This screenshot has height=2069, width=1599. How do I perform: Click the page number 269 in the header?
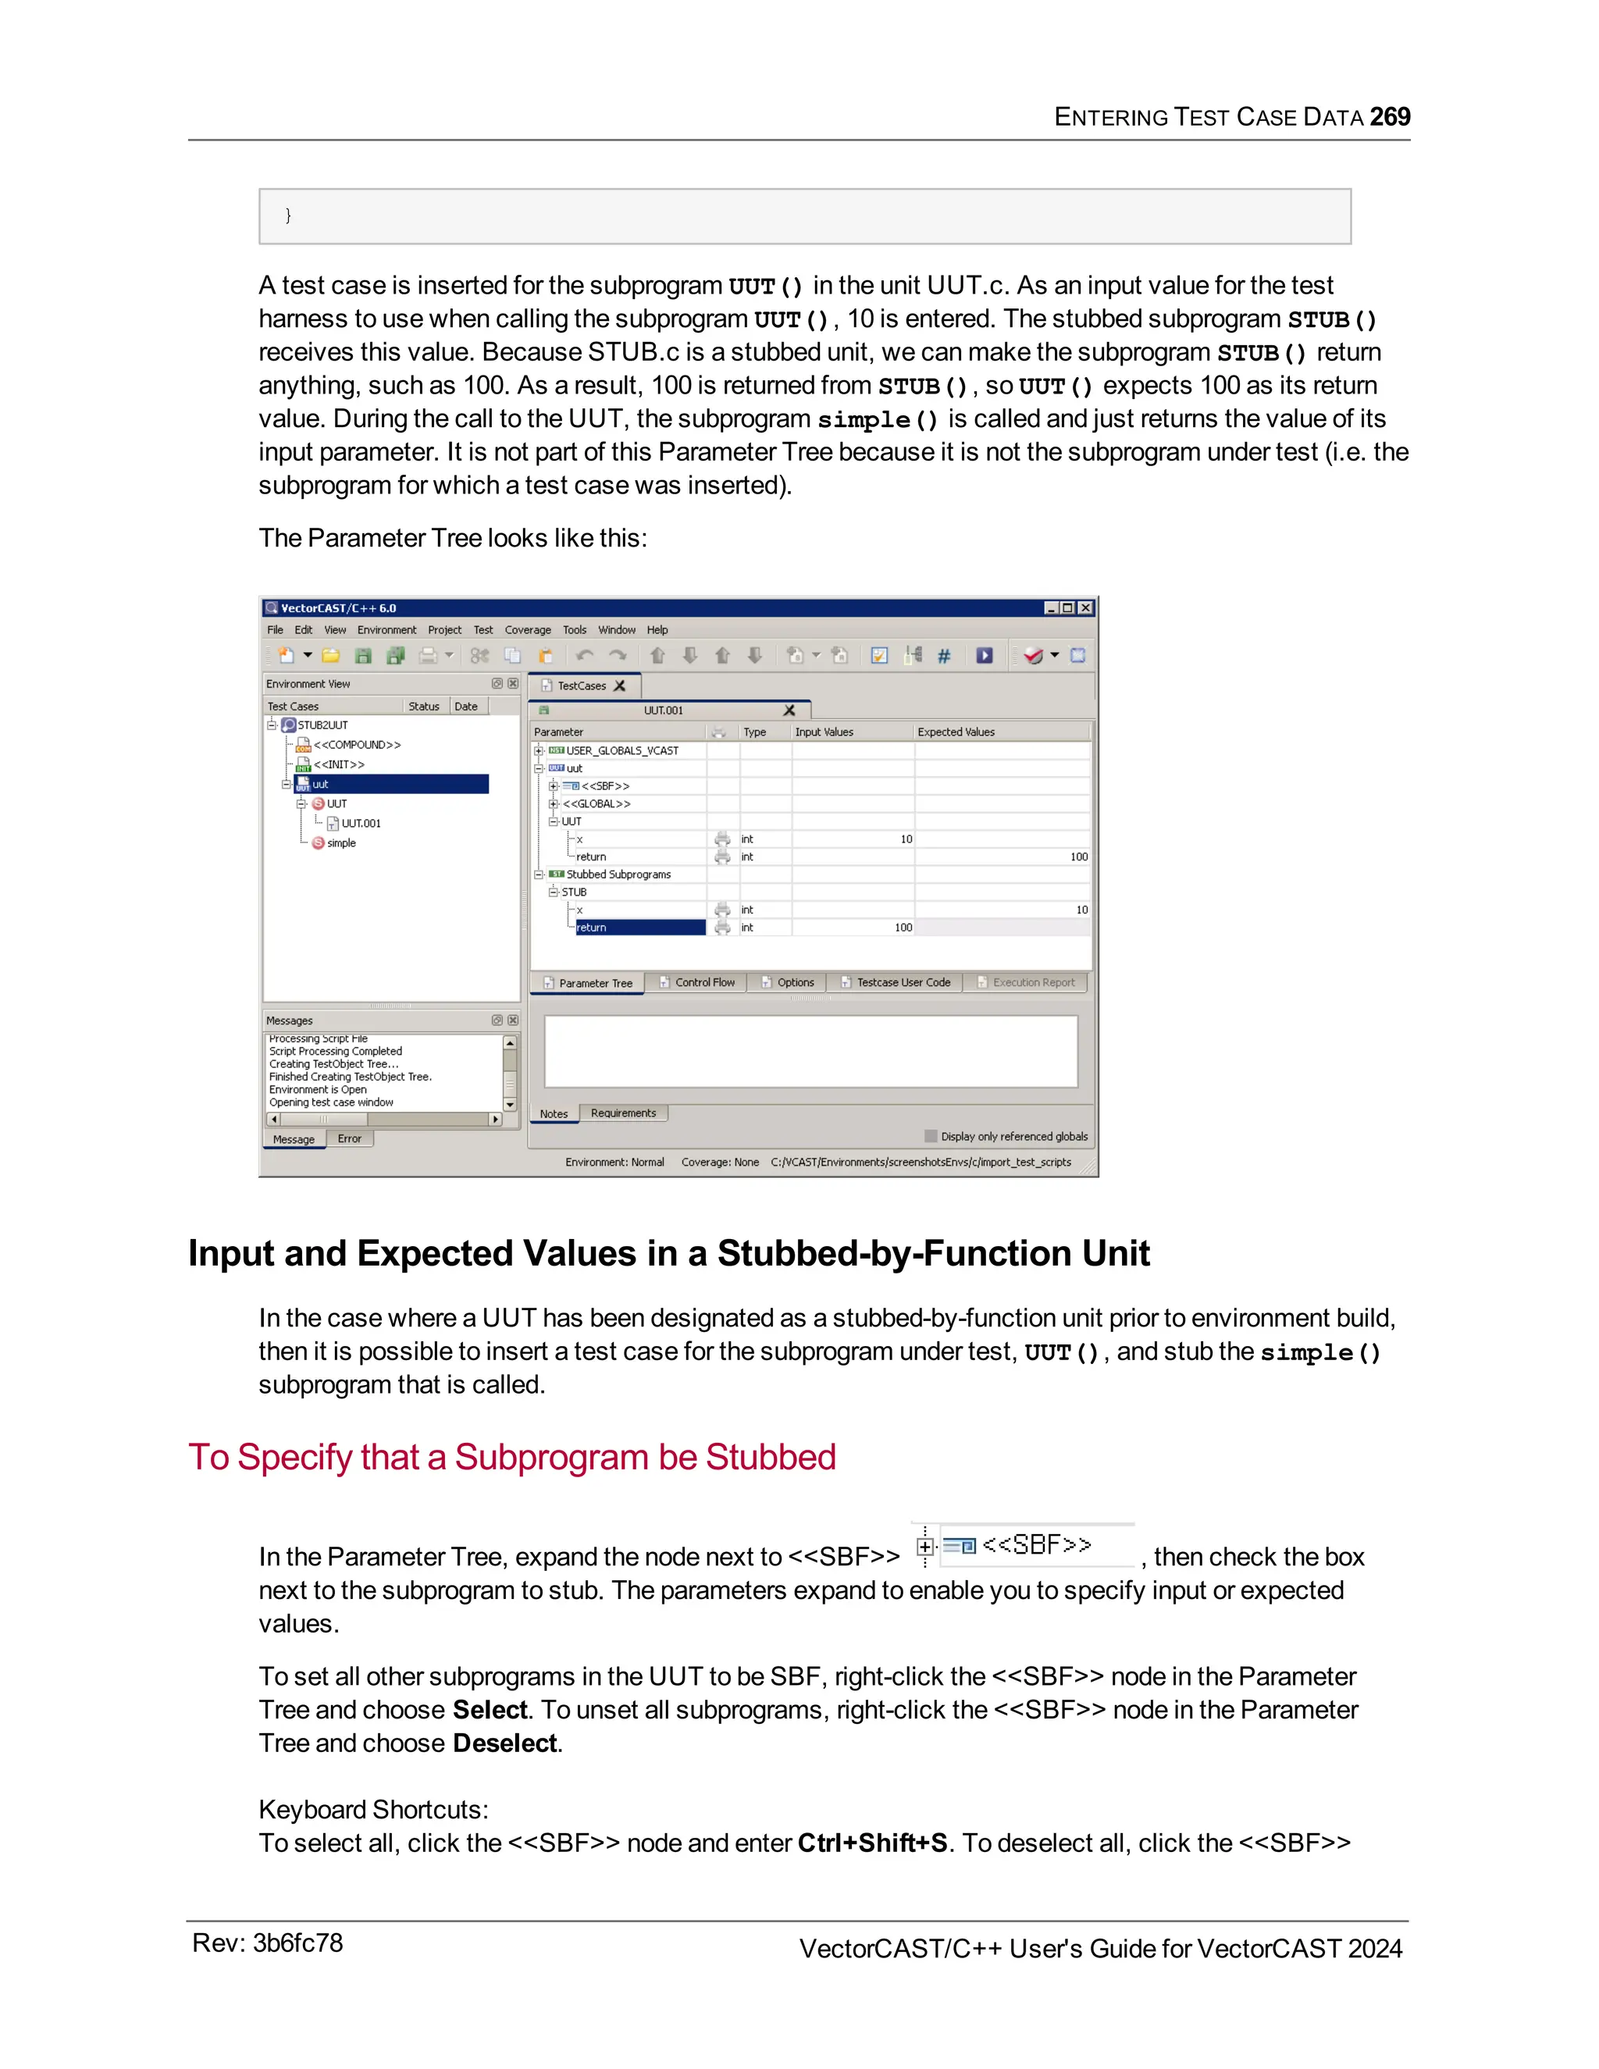pos(1390,116)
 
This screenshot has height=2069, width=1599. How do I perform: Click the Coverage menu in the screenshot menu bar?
pos(528,630)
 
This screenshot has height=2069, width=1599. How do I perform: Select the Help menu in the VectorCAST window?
pos(657,630)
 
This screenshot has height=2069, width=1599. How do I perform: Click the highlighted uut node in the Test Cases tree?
pos(320,785)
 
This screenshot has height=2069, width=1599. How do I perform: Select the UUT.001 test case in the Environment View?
pos(361,823)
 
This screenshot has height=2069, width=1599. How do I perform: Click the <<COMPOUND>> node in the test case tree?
pos(356,745)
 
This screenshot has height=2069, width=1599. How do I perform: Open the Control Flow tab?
pos(703,982)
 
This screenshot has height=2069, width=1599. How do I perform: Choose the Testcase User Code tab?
pos(903,982)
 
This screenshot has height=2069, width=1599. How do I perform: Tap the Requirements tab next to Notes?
pos(622,1113)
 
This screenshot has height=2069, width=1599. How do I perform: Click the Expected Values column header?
pos(956,732)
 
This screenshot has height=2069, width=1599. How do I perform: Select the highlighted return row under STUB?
pos(639,928)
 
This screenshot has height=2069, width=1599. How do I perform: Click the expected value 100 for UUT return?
pos(1078,856)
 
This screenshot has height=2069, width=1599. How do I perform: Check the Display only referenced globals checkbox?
pos(931,1136)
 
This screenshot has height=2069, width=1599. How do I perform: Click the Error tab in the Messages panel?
pos(350,1138)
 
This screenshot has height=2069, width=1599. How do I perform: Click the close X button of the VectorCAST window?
pos(1085,608)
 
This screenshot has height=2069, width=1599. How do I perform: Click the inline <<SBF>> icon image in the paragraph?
pos(1022,1545)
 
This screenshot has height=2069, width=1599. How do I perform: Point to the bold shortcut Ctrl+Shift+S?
pos(871,1843)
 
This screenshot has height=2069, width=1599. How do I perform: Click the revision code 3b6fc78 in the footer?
pos(297,1943)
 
